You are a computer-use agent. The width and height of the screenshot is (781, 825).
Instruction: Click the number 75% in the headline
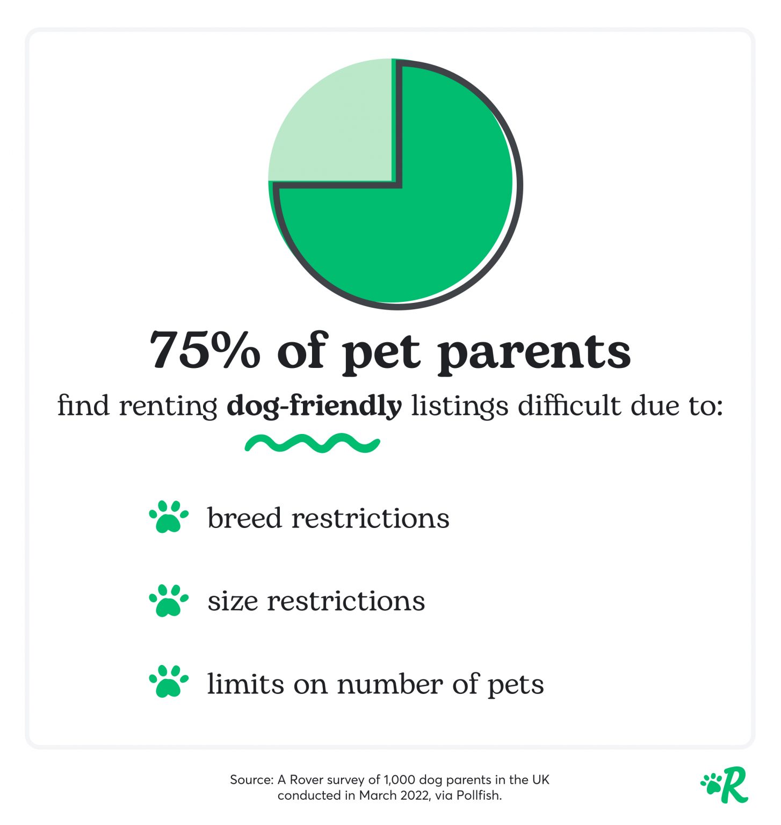pyautogui.click(x=205, y=350)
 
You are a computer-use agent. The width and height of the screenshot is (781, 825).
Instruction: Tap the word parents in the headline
pyautogui.click(x=534, y=353)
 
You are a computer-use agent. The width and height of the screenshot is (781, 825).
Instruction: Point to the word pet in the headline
pyautogui.click(x=382, y=353)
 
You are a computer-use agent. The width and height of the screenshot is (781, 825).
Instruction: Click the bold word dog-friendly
pyautogui.click(x=314, y=406)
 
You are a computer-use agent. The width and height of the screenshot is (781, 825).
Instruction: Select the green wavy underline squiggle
pyautogui.click(x=313, y=443)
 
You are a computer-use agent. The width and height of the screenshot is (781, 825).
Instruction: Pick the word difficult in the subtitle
pyautogui.click(x=569, y=405)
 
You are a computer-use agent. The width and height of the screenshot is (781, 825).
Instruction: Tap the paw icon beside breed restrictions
pyautogui.click(x=169, y=517)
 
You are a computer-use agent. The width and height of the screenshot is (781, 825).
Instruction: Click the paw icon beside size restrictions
pyautogui.click(x=169, y=600)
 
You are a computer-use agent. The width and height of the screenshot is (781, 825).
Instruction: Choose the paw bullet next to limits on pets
pyautogui.click(x=169, y=682)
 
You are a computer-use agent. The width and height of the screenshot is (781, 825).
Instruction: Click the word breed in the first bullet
pyautogui.click(x=244, y=518)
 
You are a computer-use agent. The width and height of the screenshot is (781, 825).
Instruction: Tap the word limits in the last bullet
pyautogui.click(x=245, y=684)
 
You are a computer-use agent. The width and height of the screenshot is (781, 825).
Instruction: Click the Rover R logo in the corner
pyautogui.click(x=725, y=785)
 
